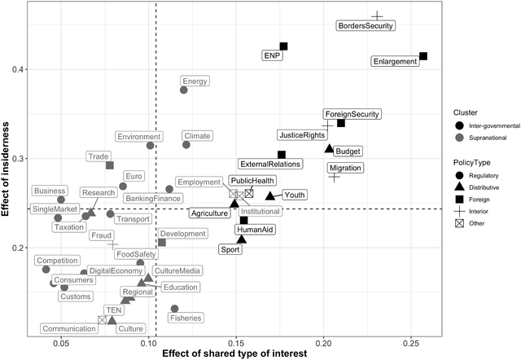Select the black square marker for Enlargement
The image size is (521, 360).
[423, 56]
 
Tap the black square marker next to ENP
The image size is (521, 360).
[283, 46]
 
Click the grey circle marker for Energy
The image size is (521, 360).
[184, 90]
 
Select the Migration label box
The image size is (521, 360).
[345, 168]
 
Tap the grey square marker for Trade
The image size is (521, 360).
[110, 165]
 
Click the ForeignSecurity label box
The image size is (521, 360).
[352, 114]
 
